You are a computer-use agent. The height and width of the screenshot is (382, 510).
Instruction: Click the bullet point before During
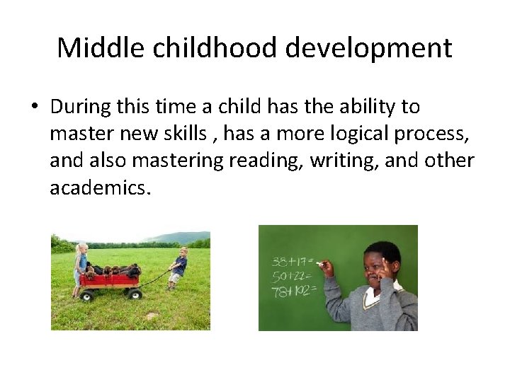[x=33, y=108]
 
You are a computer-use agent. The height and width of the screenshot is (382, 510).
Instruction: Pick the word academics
[x=100, y=187]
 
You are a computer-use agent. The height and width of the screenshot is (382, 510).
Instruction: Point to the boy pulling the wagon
[x=178, y=267]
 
